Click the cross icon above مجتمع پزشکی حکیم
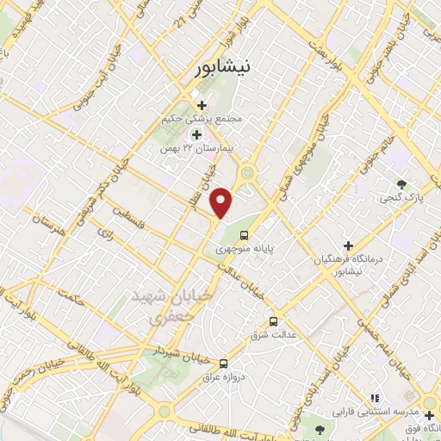click(202, 105)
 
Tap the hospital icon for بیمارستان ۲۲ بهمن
click(196, 134)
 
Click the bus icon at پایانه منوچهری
click(245, 233)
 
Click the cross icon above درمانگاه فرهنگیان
click(348, 245)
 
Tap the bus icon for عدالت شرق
click(273, 321)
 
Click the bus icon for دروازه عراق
click(224, 363)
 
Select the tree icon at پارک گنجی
click(401, 183)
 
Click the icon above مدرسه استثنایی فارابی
click(373, 397)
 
